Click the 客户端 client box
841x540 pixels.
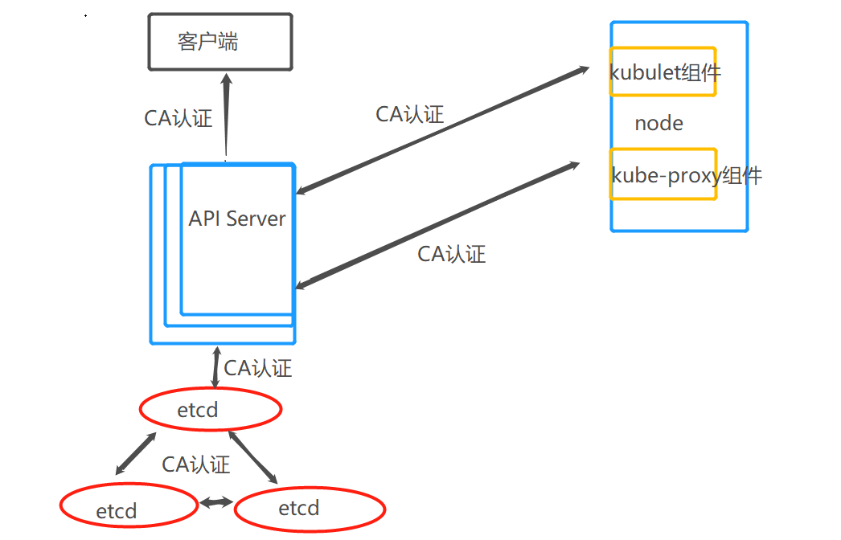[219, 41]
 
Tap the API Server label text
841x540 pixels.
[237, 219]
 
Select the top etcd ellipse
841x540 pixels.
[211, 410]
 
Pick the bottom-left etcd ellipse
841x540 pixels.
[129, 506]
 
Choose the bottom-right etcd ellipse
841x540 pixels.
[310, 507]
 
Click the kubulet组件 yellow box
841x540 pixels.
[663, 72]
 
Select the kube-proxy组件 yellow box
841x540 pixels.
[663, 174]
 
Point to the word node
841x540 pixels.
[658, 123]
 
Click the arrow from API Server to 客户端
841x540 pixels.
[227, 117]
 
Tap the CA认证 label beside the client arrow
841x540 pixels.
[178, 118]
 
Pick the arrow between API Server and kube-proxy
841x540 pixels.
[438, 225]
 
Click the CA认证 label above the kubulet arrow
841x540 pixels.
[409, 113]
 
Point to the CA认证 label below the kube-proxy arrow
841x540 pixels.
[451, 254]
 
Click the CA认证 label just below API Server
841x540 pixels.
[257, 368]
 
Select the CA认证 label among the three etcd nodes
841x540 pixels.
[195, 464]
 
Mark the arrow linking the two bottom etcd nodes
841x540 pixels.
[215, 502]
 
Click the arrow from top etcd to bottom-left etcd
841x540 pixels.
[136, 453]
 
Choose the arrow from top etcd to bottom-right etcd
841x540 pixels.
[253, 456]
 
